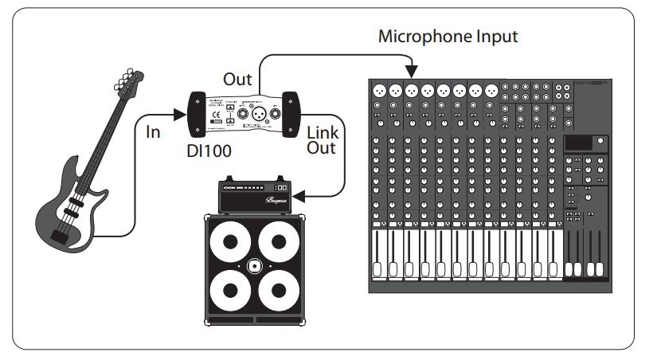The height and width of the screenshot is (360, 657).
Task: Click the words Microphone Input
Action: (448, 36)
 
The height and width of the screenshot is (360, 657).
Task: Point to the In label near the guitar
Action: (153, 132)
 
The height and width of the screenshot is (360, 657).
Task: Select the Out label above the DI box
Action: (237, 80)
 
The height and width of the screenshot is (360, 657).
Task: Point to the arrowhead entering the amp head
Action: (303, 194)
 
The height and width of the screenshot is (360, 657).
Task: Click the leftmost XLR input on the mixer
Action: (379, 89)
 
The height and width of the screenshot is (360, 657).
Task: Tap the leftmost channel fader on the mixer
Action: (378, 263)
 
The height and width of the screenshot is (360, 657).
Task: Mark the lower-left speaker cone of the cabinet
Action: (229, 291)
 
